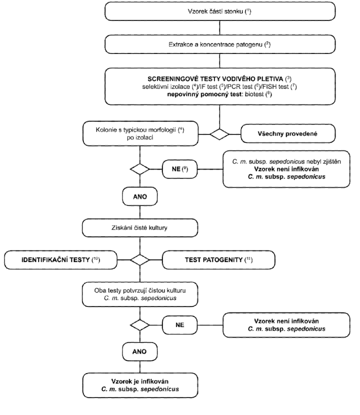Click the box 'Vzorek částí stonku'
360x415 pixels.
(x=220, y=11)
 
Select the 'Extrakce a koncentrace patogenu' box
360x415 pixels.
(x=220, y=44)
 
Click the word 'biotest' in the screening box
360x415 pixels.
(x=254, y=94)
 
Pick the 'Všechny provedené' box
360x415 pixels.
(x=288, y=133)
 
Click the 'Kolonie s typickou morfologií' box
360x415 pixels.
(x=140, y=133)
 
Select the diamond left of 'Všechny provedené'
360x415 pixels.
(x=219, y=134)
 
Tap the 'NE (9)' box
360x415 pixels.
(x=179, y=169)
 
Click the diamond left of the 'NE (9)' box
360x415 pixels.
(x=140, y=169)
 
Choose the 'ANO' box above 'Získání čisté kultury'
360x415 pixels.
(x=140, y=196)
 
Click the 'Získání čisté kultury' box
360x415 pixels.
(x=140, y=227)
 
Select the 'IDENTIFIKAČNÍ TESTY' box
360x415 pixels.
(x=60, y=260)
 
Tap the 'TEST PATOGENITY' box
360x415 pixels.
(x=218, y=260)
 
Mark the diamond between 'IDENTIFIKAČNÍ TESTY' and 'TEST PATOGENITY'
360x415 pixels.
(x=140, y=259)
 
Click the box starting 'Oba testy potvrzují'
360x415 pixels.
(x=140, y=294)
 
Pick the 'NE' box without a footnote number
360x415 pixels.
(x=179, y=325)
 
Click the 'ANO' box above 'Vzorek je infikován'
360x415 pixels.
(x=140, y=351)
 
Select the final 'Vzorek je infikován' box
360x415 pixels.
(x=140, y=385)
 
